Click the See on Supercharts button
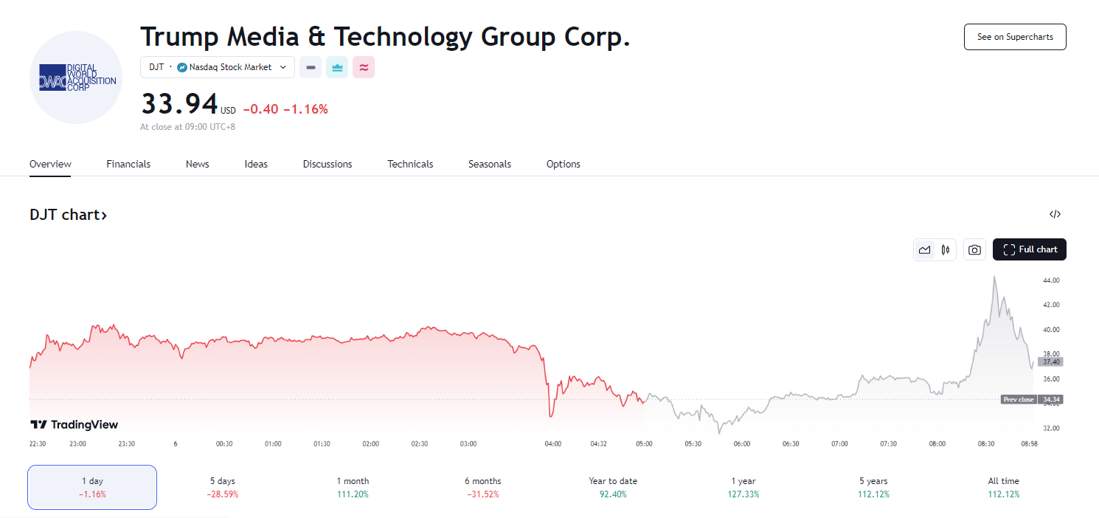click(x=1015, y=37)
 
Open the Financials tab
click(x=128, y=164)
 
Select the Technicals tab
click(x=410, y=164)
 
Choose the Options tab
click(x=563, y=164)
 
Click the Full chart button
click(x=1030, y=249)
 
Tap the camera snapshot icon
click(x=974, y=250)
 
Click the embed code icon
click(x=1055, y=215)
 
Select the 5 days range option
click(x=222, y=487)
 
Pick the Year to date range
click(x=613, y=487)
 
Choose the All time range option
click(x=1004, y=487)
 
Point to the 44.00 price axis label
click(x=1051, y=280)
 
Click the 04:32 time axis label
click(x=599, y=444)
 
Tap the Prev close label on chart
click(x=1019, y=399)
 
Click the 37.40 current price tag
click(x=1051, y=362)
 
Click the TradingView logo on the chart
click(x=74, y=424)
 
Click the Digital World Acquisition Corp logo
click(x=76, y=77)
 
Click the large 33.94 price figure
click(x=179, y=104)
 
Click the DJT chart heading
click(x=68, y=215)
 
